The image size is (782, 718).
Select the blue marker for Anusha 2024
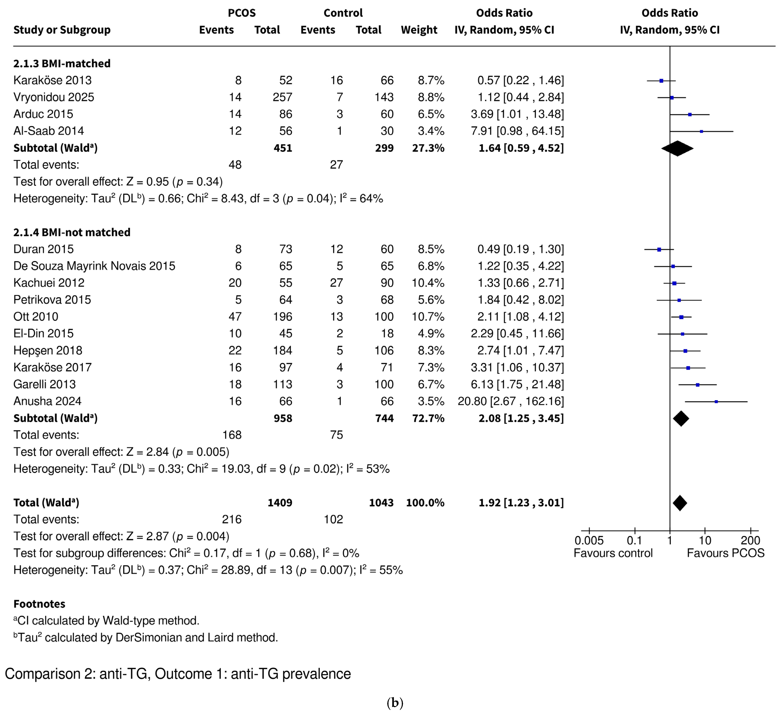click(x=716, y=401)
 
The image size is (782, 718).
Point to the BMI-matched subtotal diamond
click(x=677, y=148)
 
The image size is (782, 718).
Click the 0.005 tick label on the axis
click(x=589, y=540)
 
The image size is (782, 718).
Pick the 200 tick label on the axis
click(x=750, y=540)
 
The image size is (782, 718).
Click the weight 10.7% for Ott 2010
click(x=428, y=317)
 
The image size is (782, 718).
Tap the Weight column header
click(x=419, y=30)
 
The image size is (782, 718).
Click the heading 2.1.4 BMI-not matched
click(x=72, y=232)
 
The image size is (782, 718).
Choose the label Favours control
click(x=613, y=553)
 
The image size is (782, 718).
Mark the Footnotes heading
click(x=39, y=604)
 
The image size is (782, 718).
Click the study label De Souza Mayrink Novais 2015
click(x=94, y=266)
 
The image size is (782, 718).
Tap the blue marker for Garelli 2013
click(x=697, y=385)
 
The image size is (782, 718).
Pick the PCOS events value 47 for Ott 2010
click(x=235, y=317)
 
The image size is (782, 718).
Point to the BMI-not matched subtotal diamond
click(x=681, y=418)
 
